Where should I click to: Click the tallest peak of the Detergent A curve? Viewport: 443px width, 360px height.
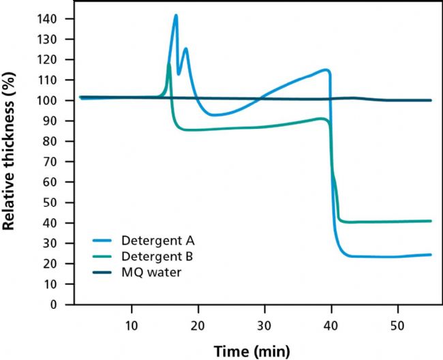click(176, 15)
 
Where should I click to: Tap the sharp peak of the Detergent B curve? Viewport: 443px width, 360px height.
click(169, 64)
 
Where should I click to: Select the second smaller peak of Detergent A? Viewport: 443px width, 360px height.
click(185, 48)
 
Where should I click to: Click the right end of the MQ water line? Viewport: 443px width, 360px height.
click(431, 100)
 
